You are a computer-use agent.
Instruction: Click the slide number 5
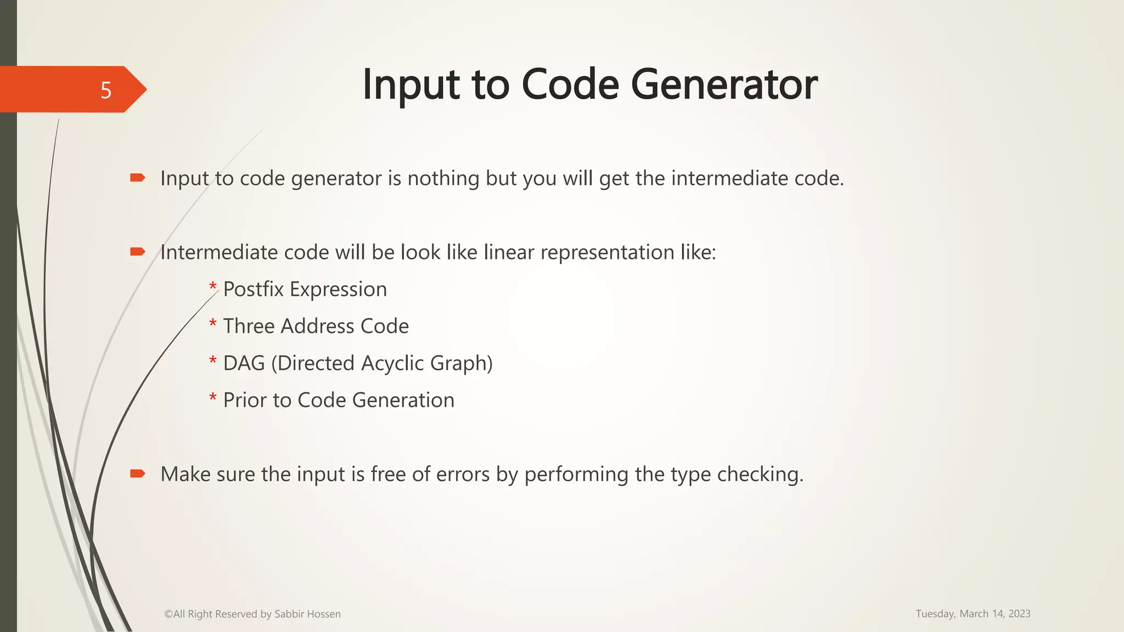tap(106, 90)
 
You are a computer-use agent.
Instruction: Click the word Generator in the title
tap(724, 84)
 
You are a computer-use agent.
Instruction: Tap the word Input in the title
tap(411, 84)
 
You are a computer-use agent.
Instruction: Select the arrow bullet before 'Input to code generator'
tap(137, 177)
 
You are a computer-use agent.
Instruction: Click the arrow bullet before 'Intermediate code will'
tap(137, 252)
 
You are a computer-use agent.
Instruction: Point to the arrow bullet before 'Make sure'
tap(137, 473)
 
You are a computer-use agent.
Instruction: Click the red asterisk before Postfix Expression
tap(213, 286)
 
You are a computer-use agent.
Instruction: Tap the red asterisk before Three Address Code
tap(213, 323)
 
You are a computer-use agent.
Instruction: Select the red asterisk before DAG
tap(213, 360)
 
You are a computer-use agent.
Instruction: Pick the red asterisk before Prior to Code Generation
tap(213, 397)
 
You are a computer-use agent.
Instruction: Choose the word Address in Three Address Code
tap(317, 326)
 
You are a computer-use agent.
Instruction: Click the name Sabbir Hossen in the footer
tap(307, 614)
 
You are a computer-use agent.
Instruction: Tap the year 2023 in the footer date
tap(1019, 613)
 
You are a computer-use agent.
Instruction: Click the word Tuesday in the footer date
tap(935, 613)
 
